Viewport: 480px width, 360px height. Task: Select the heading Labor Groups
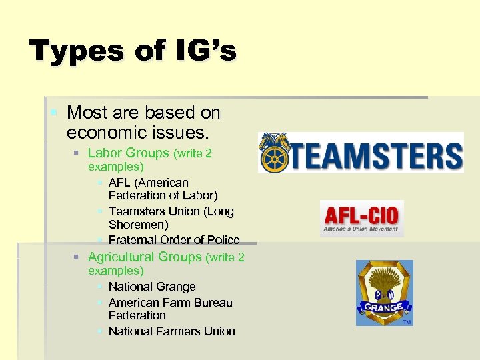(x=129, y=153)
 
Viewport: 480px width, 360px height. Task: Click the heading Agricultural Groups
(x=145, y=257)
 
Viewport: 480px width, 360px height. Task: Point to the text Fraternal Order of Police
(x=173, y=239)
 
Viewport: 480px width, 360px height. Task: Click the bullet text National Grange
(x=152, y=287)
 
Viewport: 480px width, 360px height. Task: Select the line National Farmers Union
(x=171, y=331)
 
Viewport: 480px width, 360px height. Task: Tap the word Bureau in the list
(x=209, y=302)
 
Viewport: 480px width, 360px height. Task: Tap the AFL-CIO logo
(x=361, y=219)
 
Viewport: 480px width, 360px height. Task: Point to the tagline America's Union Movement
(x=361, y=229)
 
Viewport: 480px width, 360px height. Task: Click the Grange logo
(x=384, y=293)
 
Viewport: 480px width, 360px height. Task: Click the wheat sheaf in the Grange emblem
(x=384, y=280)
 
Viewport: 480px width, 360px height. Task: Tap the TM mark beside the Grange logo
(x=407, y=322)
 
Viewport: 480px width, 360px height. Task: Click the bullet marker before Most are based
(x=53, y=113)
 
